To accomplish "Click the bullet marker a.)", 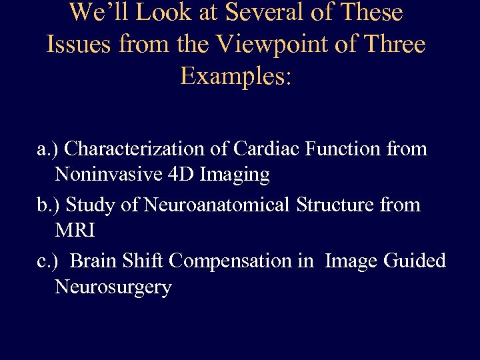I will tap(49, 149).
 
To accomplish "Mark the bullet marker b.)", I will tap(50, 205).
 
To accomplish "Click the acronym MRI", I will tap(75, 232).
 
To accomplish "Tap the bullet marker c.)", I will tap(49, 261).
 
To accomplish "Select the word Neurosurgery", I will tap(113, 288).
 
